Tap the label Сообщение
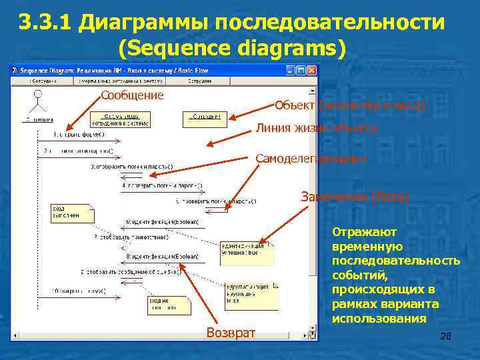[132, 95]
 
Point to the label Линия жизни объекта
[317, 129]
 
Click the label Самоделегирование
[311, 159]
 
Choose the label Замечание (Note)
[355, 197]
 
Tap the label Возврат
[231, 333]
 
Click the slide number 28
[446, 337]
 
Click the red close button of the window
[311, 70]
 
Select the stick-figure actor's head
[38, 93]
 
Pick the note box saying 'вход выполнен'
[72, 213]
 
